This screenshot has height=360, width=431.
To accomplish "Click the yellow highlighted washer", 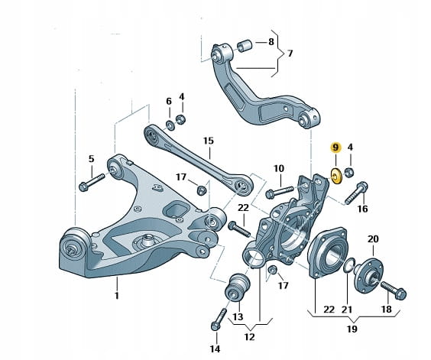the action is coord(335,176).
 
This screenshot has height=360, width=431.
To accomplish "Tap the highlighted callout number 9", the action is coord(335,148).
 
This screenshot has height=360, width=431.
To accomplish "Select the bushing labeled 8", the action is coord(245,46).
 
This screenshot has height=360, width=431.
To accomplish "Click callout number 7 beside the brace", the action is coord(290,53).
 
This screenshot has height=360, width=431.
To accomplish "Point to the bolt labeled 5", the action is coord(92,182).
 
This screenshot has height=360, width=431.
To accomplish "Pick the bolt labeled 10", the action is coord(280,191).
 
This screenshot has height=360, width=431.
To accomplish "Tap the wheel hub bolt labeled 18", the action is coord(394,290).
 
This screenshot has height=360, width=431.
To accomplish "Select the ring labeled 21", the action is coord(348,265).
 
